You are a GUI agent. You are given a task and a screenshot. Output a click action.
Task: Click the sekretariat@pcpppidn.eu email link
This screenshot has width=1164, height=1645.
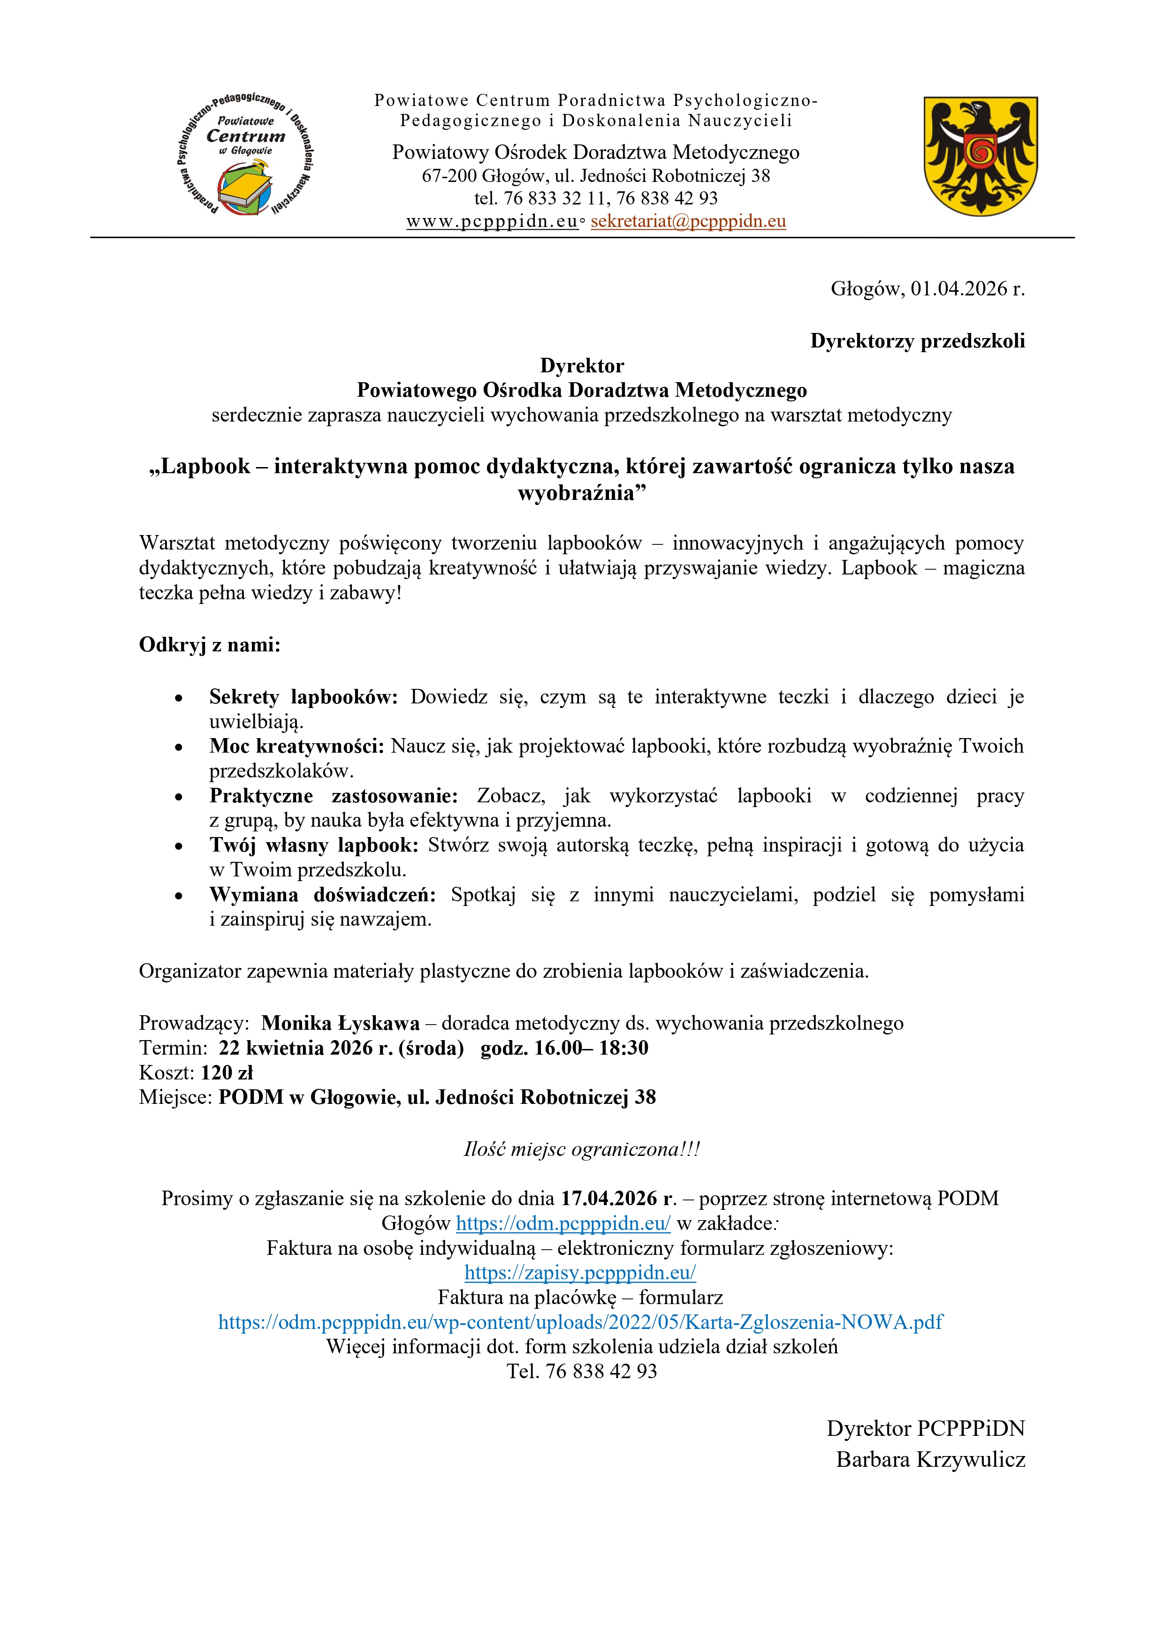point(688,221)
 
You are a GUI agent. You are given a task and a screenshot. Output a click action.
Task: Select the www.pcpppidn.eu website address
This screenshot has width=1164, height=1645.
point(492,221)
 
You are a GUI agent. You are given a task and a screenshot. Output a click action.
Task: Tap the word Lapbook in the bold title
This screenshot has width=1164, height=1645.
point(205,467)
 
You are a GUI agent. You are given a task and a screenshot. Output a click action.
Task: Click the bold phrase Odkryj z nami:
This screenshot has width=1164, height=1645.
point(209,645)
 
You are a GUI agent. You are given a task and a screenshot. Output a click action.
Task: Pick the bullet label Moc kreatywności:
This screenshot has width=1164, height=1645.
point(297,746)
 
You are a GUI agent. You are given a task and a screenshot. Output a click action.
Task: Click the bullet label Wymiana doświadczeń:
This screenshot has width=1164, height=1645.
point(322,894)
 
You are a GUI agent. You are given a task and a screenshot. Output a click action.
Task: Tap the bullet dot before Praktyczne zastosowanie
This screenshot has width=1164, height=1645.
point(178,797)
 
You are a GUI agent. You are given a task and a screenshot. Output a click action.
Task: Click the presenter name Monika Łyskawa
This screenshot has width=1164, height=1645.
point(341,1023)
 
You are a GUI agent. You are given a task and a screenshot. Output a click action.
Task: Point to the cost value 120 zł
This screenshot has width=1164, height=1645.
point(227,1072)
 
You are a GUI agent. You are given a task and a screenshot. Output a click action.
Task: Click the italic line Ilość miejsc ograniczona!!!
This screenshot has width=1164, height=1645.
point(581,1149)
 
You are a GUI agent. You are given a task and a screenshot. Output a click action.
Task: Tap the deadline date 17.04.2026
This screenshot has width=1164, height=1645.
point(617,1199)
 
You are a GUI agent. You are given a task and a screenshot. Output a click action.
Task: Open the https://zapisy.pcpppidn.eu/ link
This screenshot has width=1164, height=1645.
point(580,1273)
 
